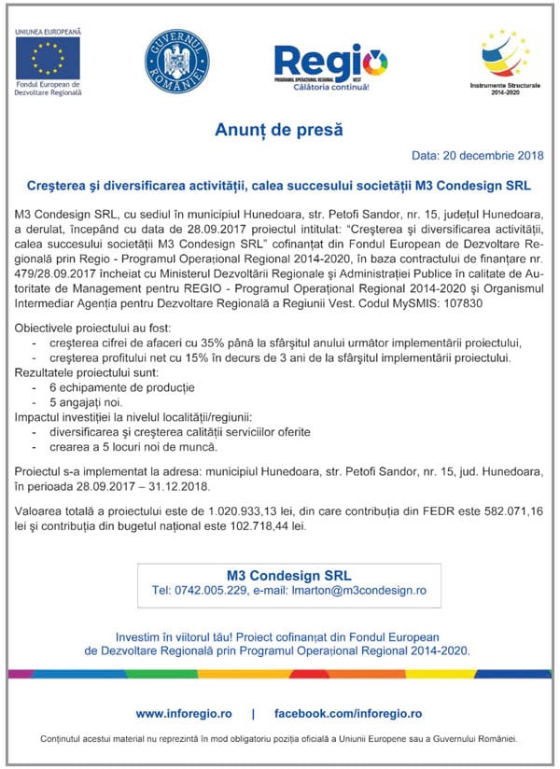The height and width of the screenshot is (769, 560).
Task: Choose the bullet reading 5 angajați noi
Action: (x=89, y=402)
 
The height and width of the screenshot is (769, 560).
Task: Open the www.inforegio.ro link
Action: (x=183, y=714)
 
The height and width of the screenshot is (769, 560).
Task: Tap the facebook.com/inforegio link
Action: (x=348, y=714)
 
